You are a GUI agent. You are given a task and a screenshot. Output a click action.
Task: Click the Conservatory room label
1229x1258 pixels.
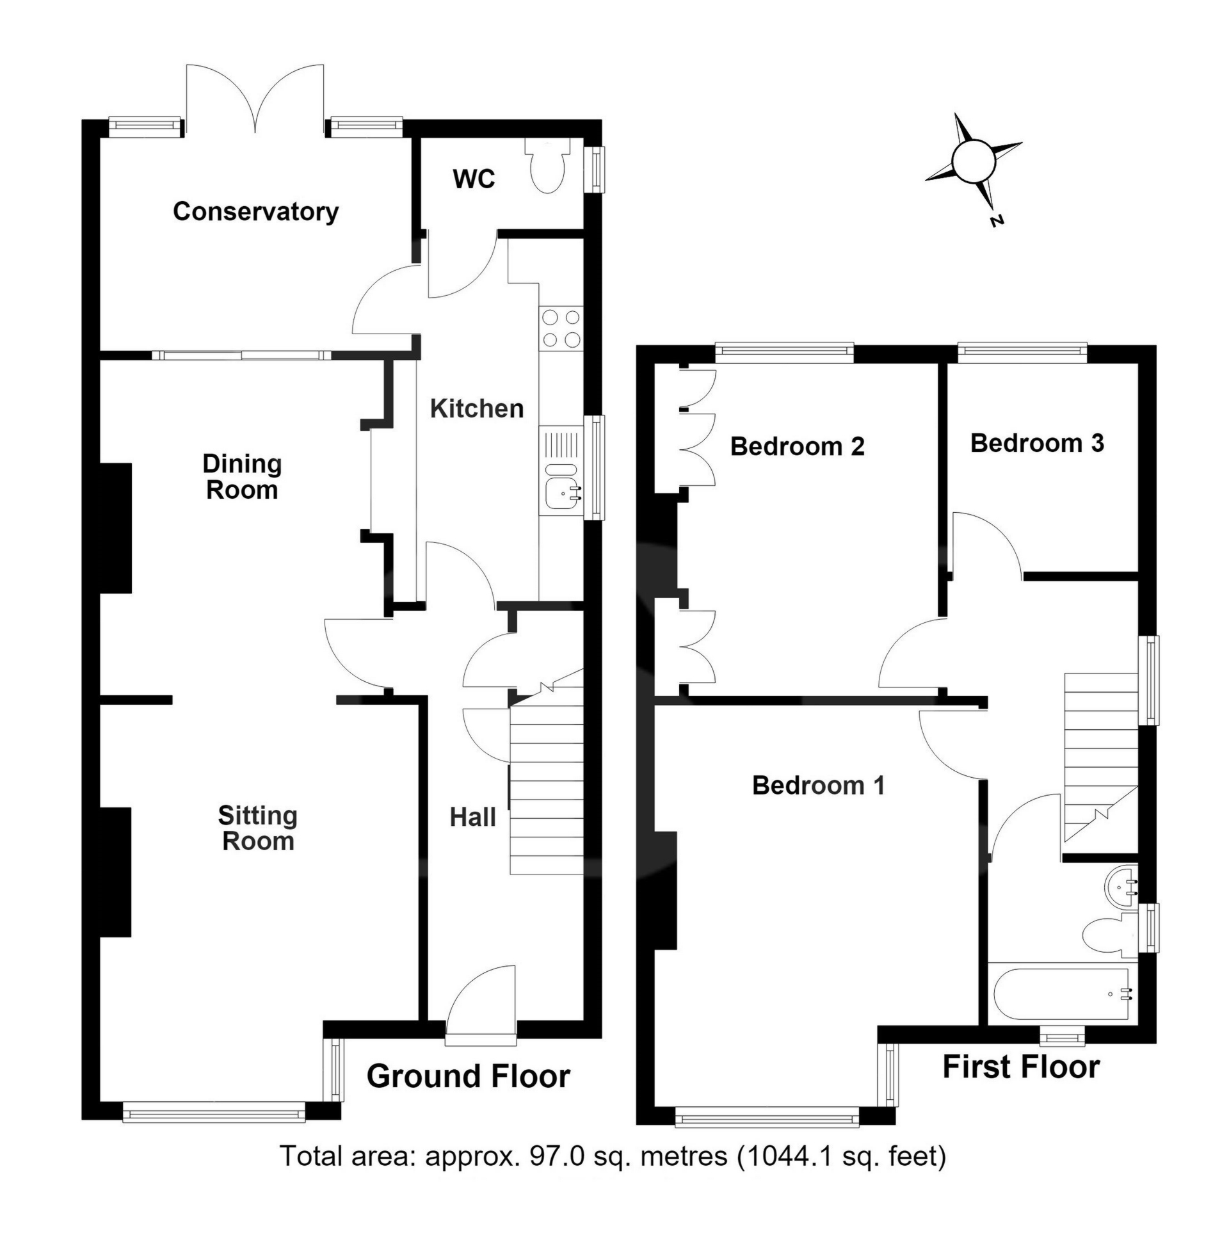click(x=255, y=212)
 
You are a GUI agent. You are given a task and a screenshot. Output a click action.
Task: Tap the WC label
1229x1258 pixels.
click(x=474, y=179)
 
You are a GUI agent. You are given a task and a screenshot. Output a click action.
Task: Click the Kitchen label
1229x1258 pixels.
click(x=477, y=408)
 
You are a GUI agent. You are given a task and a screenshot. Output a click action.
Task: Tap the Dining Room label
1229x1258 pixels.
click(x=242, y=476)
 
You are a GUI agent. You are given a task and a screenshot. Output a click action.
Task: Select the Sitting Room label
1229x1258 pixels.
click(x=257, y=828)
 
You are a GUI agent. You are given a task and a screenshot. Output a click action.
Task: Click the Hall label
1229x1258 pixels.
click(x=473, y=817)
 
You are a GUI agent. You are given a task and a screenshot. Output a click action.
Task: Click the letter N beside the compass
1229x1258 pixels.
click(x=997, y=221)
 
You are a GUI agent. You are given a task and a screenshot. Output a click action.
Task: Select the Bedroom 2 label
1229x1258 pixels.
click(x=797, y=446)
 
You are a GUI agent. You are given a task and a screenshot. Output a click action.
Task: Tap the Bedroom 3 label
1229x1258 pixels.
click(x=1038, y=443)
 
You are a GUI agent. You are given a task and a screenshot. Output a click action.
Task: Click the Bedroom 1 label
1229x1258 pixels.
click(x=819, y=785)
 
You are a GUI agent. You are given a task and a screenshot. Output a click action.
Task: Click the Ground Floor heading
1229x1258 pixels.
click(x=469, y=1077)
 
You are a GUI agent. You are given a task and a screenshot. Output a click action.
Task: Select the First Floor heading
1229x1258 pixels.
click(x=1021, y=1067)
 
